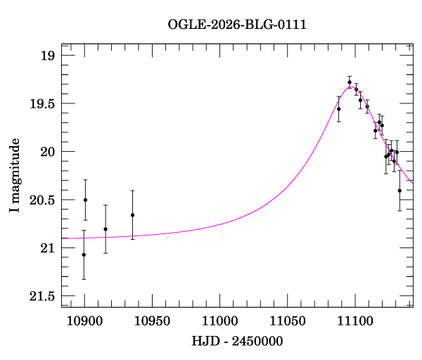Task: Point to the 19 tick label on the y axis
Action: pyautogui.click(x=46, y=56)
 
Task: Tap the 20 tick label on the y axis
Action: pyautogui.click(x=46, y=152)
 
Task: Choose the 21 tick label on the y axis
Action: pyautogui.click(x=46, y=248)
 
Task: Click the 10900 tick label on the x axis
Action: pyautogui.click(x=84, y=321)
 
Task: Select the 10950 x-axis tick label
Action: pyautogui.click(x=152, y=321)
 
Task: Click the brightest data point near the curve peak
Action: pyautogui.click(x=350, y=83)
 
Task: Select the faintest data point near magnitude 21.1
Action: pyautogui.click(x=84, y=255)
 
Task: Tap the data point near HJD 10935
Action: pyautogui.click(x=132, y=215)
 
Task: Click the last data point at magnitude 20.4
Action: pyautogui.click(x=399, y=191)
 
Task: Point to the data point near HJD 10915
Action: pyautogui.click(x=105, y=229)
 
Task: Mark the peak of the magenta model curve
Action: pyautogui.click(x=350, y=86)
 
